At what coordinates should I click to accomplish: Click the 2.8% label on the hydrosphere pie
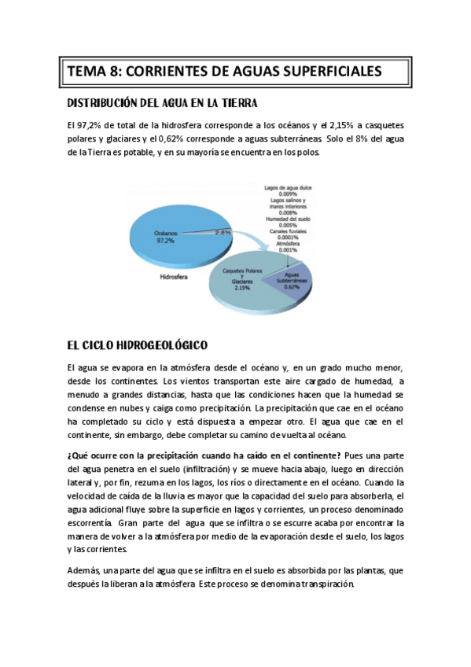click(x=223, y=233)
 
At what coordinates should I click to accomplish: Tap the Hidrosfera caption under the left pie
click(x=173, y=277)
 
